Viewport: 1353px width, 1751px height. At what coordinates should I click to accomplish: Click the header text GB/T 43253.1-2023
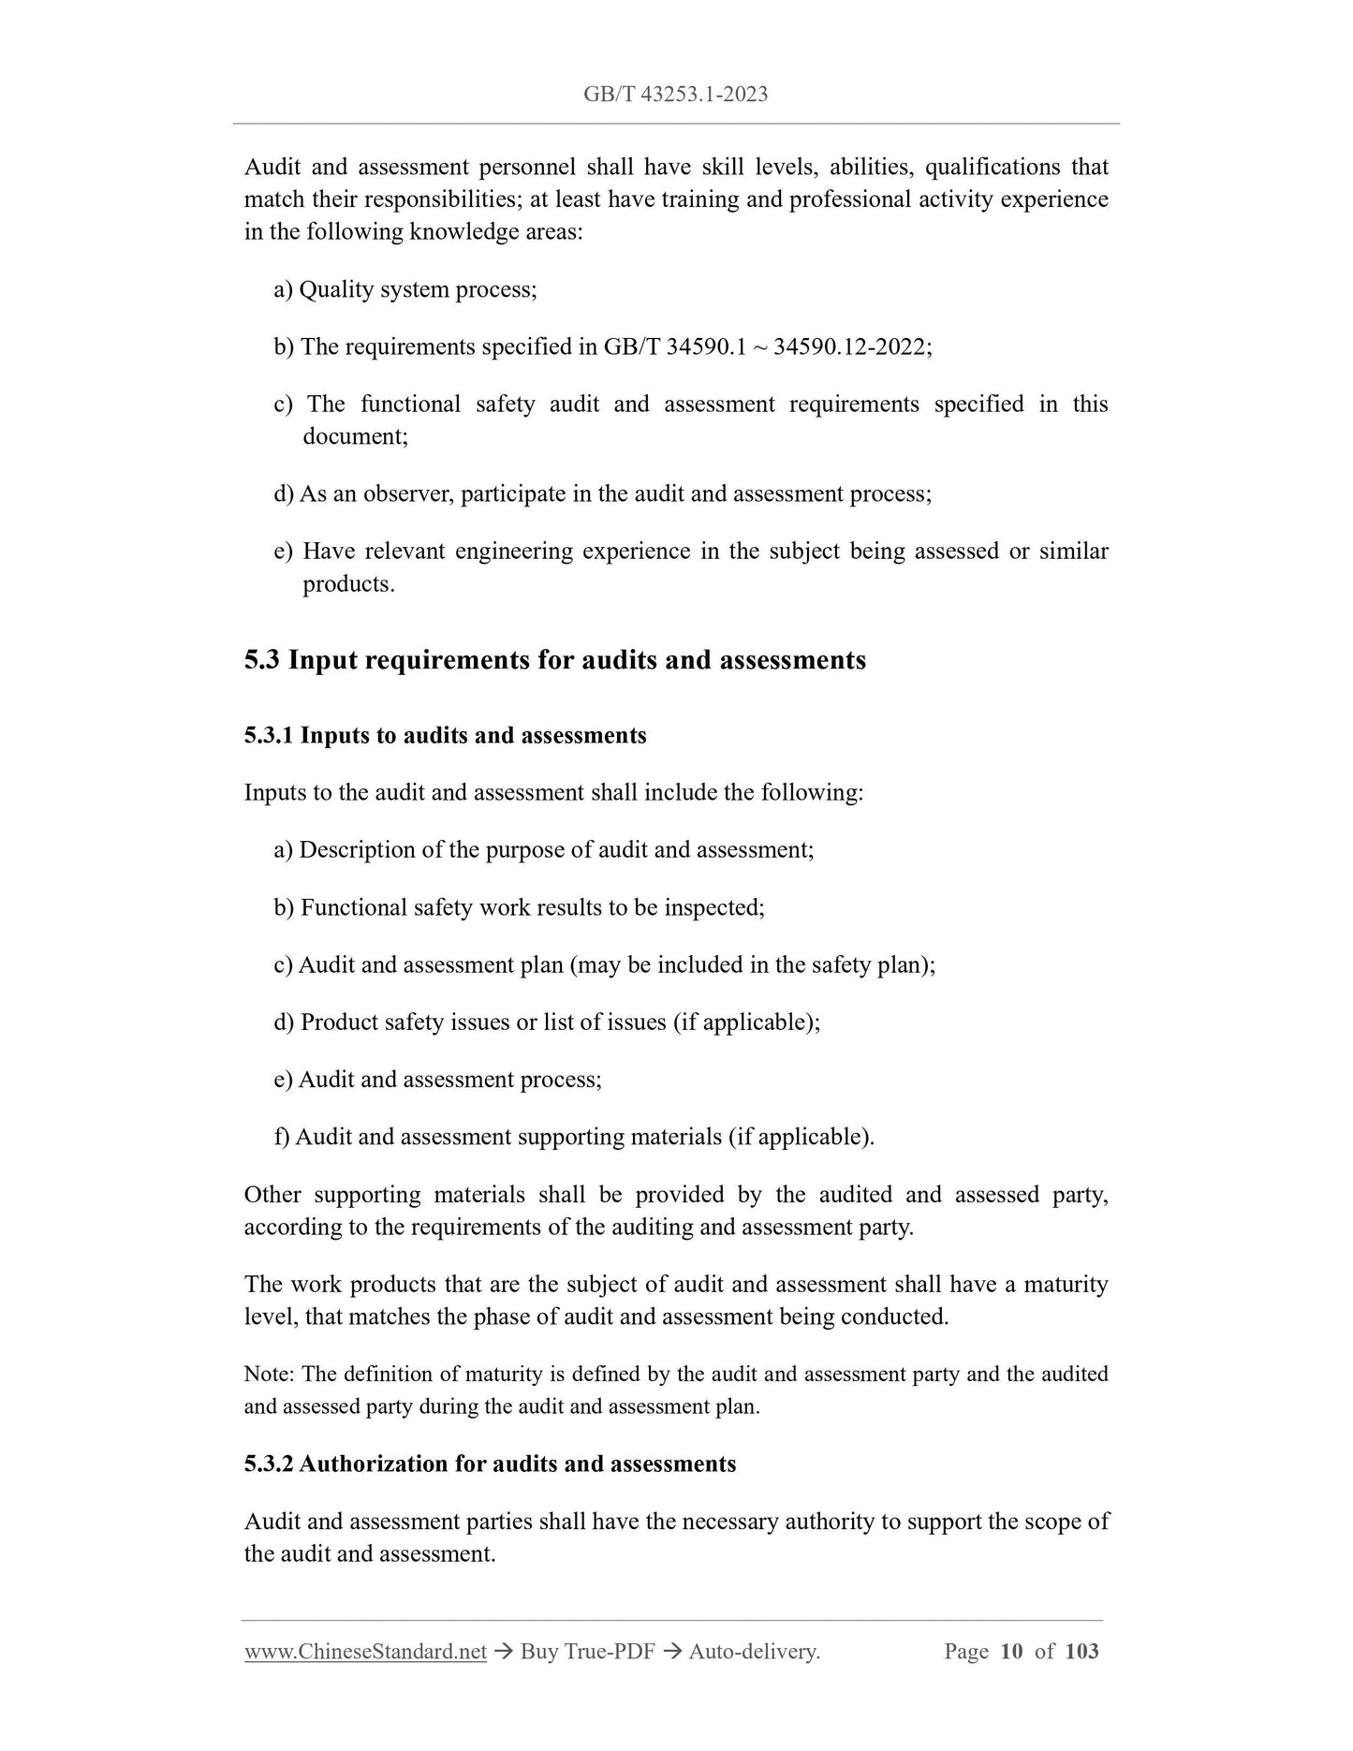click(675, 94)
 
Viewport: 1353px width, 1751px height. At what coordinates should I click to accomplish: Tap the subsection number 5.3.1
click(269, 736)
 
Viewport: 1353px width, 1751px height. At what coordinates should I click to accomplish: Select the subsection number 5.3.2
click(269, 1464)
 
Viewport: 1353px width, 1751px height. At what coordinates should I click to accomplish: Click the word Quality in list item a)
click(331, 289)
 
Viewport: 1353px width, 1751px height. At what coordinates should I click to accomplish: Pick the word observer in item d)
click(406, 493)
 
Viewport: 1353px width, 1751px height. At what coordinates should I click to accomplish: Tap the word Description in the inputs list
click(358, 850)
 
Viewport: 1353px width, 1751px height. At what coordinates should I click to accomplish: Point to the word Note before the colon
click(268, 1375)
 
